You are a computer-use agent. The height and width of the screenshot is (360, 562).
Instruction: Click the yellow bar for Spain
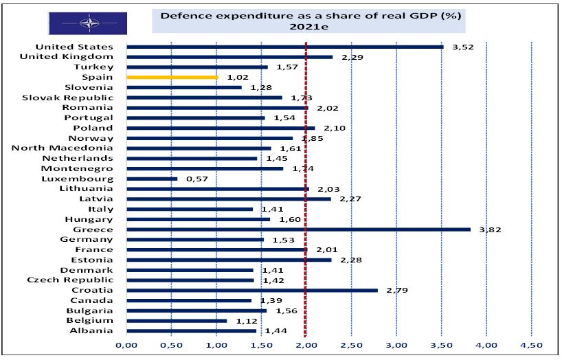point(172,77)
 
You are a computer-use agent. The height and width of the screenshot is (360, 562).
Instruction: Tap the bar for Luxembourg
point(152,179)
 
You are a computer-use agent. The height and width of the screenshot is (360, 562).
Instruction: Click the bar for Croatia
point(251,290)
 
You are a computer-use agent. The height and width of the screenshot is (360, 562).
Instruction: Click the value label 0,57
point(197,179)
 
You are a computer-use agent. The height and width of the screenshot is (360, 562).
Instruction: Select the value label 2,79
point(397,290)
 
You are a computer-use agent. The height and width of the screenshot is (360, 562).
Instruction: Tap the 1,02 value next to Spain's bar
point(237,78)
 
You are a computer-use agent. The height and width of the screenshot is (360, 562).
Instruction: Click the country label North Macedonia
point(63,148)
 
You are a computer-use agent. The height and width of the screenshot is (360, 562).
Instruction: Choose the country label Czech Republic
point(69,280)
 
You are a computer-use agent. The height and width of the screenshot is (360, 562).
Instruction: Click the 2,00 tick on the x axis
point(306,344)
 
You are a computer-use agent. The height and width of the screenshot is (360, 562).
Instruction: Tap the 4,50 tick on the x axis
point(531,344)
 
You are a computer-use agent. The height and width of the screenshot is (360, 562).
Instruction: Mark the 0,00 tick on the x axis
point(126,344)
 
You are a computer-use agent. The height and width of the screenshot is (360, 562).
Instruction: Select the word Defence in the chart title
point(181,14)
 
